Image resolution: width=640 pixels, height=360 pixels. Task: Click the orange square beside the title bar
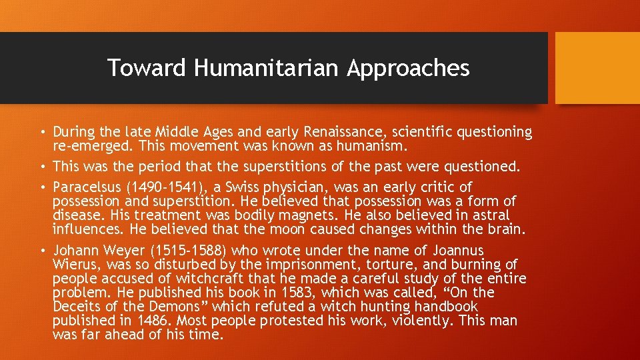597,68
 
